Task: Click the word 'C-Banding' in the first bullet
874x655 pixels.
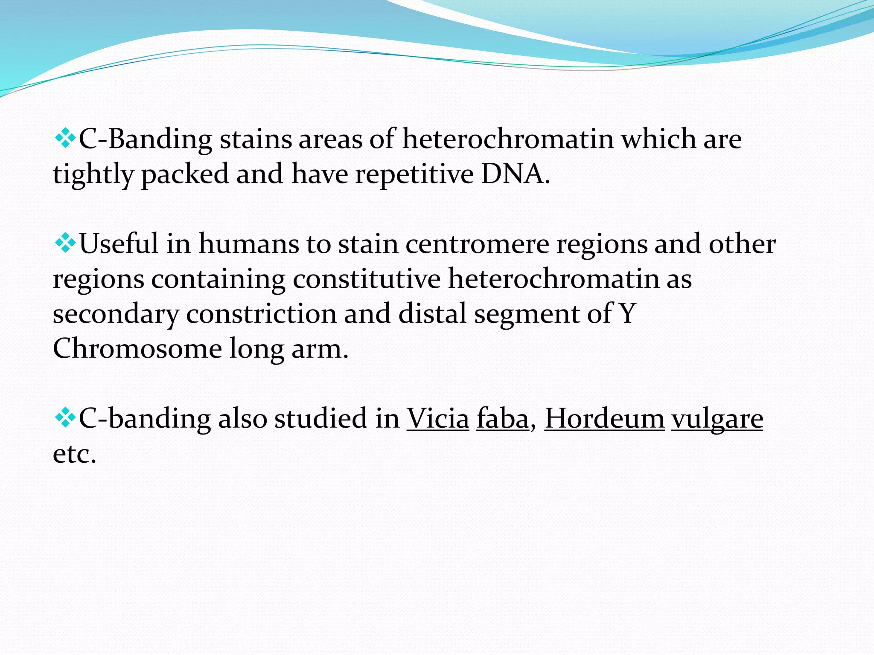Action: tap(146, 139)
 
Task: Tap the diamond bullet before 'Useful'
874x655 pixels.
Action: tap(65, 244)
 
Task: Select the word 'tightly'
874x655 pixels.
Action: tap(93, 175)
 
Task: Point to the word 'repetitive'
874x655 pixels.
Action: tap(414, 175)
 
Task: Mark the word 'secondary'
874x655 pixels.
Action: tap(116, 315)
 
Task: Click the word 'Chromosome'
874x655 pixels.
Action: tap(137, 349)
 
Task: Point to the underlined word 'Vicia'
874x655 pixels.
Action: tap(437, 419)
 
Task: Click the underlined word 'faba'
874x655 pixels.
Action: tap(503, 419)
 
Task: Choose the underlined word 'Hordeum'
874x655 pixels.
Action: tap(604, 419)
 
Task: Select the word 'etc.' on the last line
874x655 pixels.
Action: tap(74, 454)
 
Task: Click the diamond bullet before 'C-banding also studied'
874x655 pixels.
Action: tap(65, 418)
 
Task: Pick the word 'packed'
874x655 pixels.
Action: tap(185, 175)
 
